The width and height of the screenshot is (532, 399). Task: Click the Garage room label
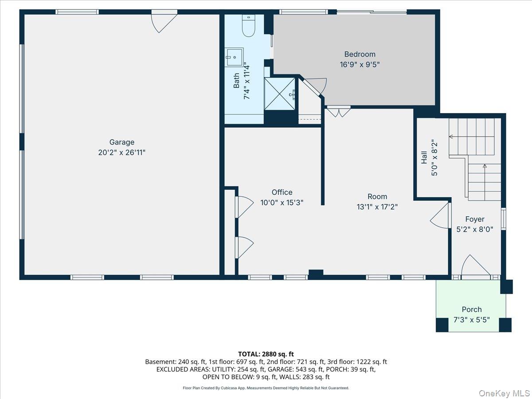coord(121,142)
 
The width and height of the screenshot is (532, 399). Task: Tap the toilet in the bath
coord(249,25)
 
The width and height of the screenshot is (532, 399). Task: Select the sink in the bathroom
coord(234,57)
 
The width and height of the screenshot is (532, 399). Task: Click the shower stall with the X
coord(280,94)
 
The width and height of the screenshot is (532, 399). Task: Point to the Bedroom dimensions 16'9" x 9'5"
coord(360,65)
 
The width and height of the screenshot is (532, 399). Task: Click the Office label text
coord(282,192)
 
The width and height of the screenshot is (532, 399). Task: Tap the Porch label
coord(472,309)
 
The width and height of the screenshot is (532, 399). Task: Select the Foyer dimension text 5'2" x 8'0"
coord(474,229)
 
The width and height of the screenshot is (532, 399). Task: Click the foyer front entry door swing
coord(475,266)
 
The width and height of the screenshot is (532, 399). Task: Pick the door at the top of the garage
coord(164,21)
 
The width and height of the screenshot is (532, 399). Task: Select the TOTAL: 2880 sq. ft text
coord(266,354)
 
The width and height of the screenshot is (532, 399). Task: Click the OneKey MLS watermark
coord(504,393)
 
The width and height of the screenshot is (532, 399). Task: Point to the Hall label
coord(424,157)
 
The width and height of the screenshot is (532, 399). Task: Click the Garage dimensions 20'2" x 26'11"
coord(121,153)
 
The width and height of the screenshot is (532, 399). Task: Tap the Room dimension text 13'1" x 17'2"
coord(377,207)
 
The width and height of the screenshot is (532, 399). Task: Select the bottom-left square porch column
coord(442,325)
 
